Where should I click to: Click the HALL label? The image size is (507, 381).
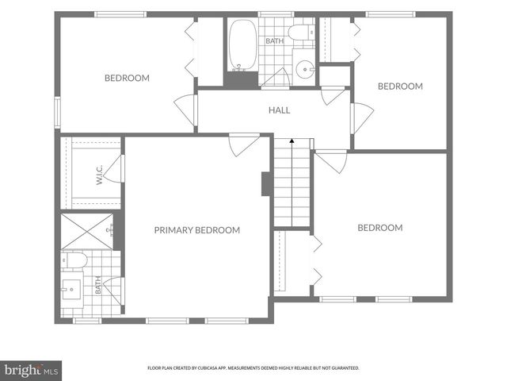coord(280,110)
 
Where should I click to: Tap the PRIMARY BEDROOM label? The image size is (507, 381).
coord(197,230)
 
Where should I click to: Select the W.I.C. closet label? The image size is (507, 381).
coord(99,175)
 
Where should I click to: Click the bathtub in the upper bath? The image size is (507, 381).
coord(243,44)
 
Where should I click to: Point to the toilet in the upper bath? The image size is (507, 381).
coord(301,33)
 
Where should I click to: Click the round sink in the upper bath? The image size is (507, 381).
coord(304,69)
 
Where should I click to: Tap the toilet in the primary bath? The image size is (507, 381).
coord(74,260)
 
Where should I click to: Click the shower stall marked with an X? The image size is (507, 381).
coord(87,231)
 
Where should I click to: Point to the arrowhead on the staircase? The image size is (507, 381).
coord(292,140)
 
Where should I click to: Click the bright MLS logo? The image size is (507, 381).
coord(31,371)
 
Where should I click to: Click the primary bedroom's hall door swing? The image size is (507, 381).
coord(244,145)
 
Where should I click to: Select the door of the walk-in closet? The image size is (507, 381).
coord(114,168)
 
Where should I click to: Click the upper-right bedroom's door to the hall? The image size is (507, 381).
coord(363,118)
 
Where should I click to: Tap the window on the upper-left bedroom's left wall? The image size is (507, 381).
coord(58,113)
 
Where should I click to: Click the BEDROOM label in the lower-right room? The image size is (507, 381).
coord(380,228)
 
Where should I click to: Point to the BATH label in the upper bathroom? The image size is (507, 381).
coord(275,41)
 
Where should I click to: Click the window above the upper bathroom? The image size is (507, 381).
coord(276,14)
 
